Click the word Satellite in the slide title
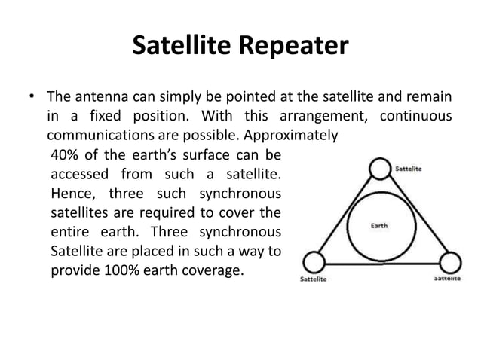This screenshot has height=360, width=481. click(184, 47)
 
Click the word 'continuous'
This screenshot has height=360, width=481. click(416, 117)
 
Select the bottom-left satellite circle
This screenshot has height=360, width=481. click(313, 263)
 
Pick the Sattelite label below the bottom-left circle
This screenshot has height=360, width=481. click(313, 281)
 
